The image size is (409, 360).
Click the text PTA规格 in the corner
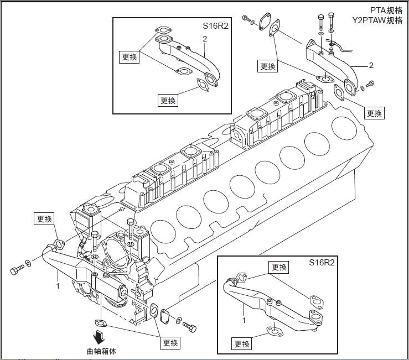(x=386, y=10)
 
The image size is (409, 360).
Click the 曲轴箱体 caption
(x=101, y=351)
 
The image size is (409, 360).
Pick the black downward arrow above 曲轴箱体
(x=100, y=337)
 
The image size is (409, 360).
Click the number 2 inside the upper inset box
(x=205, y=39)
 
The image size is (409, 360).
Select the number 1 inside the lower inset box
(x=244, y=319)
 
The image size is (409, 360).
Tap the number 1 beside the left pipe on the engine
(x=58, y=286)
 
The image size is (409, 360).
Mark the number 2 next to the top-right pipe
(x=371, y=65)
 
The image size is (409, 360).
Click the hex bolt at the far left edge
(x=17, y=270)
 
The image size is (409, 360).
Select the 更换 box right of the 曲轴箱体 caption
(x=170, y=343)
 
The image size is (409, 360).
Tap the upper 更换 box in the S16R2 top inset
(x=128, y=57)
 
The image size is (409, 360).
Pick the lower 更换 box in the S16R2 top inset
(x=168, y=100)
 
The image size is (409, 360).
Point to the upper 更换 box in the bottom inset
(x=279, y=268)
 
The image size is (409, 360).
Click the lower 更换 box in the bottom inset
(x=241, y=344)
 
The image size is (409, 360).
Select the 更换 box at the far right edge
(x=374, y=113)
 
